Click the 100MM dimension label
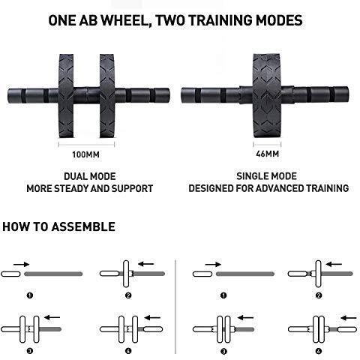(85, 154)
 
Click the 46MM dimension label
(267, 154)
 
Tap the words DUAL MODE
(90, 176)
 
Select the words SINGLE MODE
(266, 176)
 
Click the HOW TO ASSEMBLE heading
(58, 226)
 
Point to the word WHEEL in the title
(126, 20)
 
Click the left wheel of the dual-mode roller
(66, 96)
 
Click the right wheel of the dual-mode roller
(107, 96)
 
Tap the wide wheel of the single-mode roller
(267, 96)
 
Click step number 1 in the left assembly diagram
(30, 295)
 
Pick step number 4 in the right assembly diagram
(318, 351)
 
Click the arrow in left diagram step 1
(22, 264)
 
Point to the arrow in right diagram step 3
(245, 318)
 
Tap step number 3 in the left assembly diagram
(30, 351)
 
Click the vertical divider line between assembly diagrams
(175, 307)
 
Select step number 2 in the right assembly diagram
(319, 295)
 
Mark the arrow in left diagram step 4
(152, 318)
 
